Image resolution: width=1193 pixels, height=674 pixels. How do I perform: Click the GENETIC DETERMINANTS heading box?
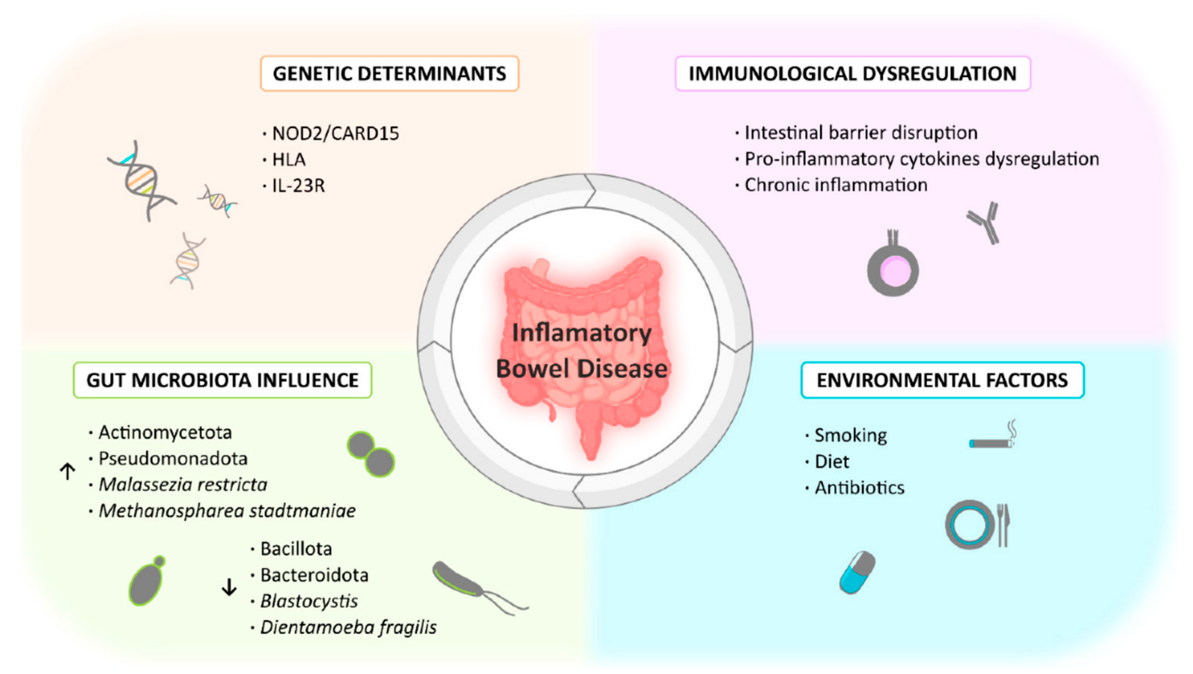click(390, 74)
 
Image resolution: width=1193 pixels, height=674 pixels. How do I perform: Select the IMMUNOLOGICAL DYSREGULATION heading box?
click(853, 74)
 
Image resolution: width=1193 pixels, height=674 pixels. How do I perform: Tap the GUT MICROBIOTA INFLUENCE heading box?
click(222, 380)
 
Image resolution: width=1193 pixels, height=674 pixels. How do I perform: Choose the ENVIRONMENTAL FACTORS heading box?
click(942, 380)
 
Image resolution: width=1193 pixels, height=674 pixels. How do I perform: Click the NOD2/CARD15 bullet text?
click(335, 133)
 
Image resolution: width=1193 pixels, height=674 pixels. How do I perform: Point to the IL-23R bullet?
click(298, 186)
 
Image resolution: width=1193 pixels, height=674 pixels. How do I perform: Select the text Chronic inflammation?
click(835, 185)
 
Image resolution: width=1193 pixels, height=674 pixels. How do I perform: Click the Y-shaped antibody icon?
click(984, 222)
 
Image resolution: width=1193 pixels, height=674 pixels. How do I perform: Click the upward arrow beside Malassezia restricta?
click(68, 471)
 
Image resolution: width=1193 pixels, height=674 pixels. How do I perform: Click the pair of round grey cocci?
click(371, 454)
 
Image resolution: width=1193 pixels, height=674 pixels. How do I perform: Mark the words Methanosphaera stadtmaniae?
click(227, 511)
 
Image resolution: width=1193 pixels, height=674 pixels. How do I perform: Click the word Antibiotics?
click(859, 487)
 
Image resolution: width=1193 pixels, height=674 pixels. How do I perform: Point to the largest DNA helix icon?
click(141, 181)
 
